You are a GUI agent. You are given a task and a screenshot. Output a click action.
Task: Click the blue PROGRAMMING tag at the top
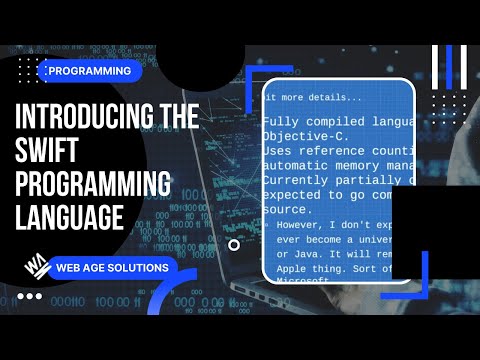90,71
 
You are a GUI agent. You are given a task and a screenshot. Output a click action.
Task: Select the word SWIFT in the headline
52,151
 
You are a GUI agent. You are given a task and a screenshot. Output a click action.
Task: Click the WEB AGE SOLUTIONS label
111,268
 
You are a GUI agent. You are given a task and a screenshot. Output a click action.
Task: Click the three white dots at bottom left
30,296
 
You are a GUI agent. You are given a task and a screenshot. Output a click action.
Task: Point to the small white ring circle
234,244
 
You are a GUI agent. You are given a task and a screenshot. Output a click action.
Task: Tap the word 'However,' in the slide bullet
305,227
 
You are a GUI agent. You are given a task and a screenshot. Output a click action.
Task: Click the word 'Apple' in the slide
292,270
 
